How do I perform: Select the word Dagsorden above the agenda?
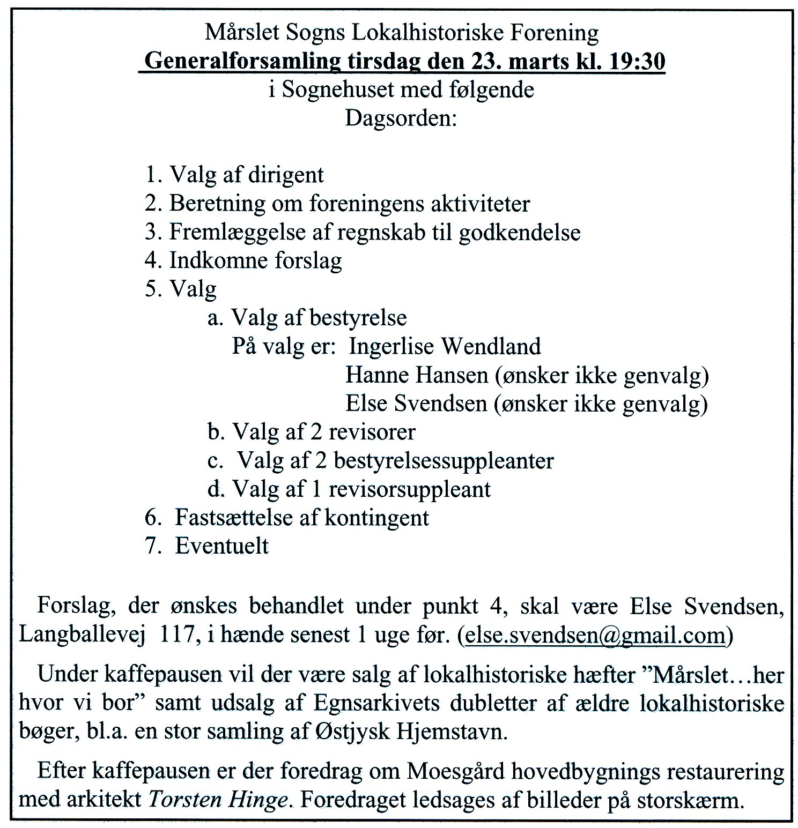(400, 117)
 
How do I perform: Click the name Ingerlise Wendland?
(445, 346)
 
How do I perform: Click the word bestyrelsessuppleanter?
(449, 460)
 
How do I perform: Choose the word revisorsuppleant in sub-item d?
(409, 489)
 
